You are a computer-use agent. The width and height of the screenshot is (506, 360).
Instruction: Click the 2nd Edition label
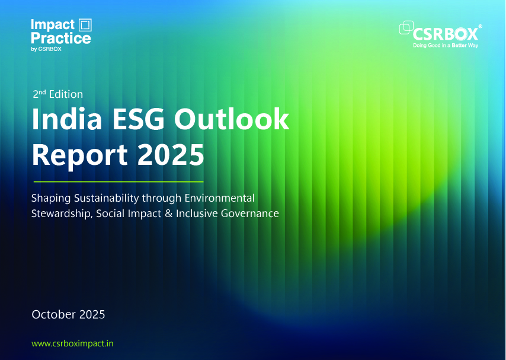(57, 94)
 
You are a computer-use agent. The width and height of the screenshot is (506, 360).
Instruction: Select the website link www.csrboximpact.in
(72, 343)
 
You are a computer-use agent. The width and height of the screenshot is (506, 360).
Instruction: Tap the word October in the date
(55, 314)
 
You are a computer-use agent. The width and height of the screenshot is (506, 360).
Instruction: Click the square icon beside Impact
(85, 25)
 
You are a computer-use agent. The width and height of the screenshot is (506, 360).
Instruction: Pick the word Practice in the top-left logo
(61, 38)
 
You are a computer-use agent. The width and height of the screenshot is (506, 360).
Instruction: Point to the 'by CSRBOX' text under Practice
(46, 49)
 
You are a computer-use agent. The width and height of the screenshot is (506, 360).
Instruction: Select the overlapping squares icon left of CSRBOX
(407, 28)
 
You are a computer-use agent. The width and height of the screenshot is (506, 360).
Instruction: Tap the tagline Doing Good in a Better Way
(446, 45)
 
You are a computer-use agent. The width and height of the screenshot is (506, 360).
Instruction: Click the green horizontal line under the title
(119, 181)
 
